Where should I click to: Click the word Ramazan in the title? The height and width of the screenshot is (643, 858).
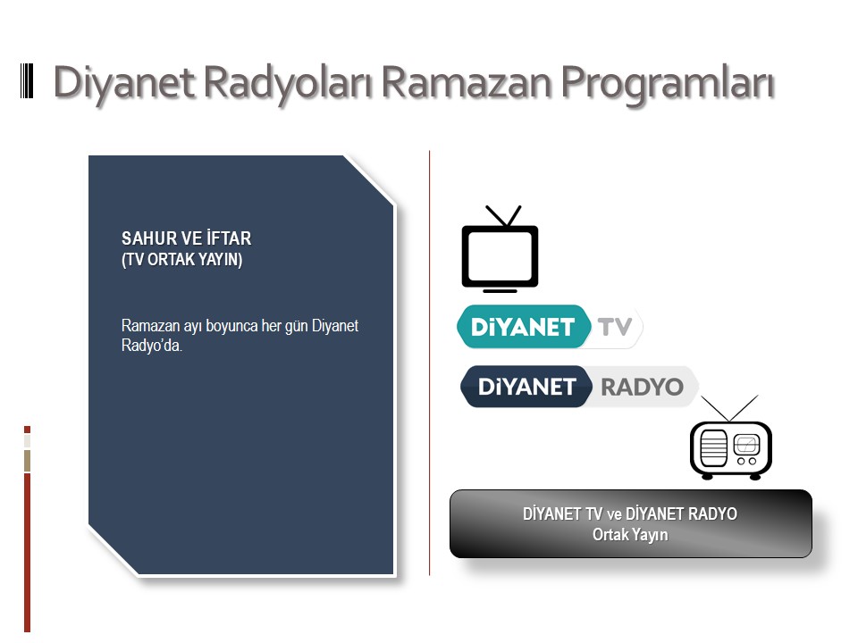[x=467, y=82]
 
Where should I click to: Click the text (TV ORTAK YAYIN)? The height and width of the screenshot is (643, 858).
[x=181, y=259]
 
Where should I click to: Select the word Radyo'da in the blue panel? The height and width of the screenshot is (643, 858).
[x=152, y=346]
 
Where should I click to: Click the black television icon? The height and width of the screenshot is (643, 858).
[x=500, y=249]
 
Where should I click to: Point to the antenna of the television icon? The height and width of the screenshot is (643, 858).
[x=504, y=216]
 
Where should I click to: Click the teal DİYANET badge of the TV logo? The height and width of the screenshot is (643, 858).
[x=523, y=327]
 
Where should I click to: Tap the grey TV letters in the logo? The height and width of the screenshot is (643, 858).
[x=615, y=327]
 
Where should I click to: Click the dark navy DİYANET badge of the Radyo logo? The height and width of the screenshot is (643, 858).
[x=526, y=387]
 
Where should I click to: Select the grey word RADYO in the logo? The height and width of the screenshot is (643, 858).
[x=642, y=387]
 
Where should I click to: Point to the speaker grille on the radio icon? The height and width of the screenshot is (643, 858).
[x=713, y=447]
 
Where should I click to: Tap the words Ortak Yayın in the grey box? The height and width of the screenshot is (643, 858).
[x=630, y=534]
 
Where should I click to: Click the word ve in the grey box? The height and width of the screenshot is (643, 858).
[x=614, y=514]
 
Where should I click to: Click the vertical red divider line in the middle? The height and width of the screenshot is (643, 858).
[x=430, y=363]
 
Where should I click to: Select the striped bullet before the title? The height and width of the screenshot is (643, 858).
[x=27, y=81]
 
